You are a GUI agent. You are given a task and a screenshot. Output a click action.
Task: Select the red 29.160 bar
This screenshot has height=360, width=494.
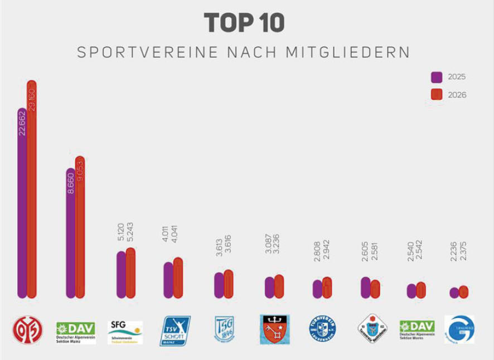[32, 212]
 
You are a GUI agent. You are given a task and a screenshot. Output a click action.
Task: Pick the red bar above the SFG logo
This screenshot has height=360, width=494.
[130, 273]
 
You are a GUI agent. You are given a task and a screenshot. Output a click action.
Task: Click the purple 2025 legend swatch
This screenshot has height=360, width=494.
[437, 77]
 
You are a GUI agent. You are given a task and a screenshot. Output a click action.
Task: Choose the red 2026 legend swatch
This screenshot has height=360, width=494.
[437, 95]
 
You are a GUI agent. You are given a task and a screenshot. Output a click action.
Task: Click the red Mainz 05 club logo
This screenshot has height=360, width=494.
[27, 330]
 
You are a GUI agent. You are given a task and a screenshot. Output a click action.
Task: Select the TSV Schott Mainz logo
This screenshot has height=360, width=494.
[175, 330]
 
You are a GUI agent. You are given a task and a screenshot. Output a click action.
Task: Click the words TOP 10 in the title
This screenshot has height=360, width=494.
[244, 23]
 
